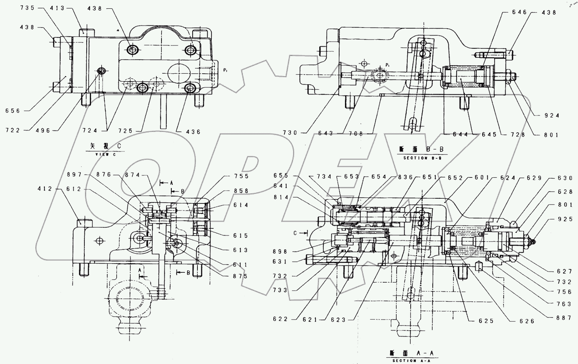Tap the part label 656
point(12,111)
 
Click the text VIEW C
point(105,155)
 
